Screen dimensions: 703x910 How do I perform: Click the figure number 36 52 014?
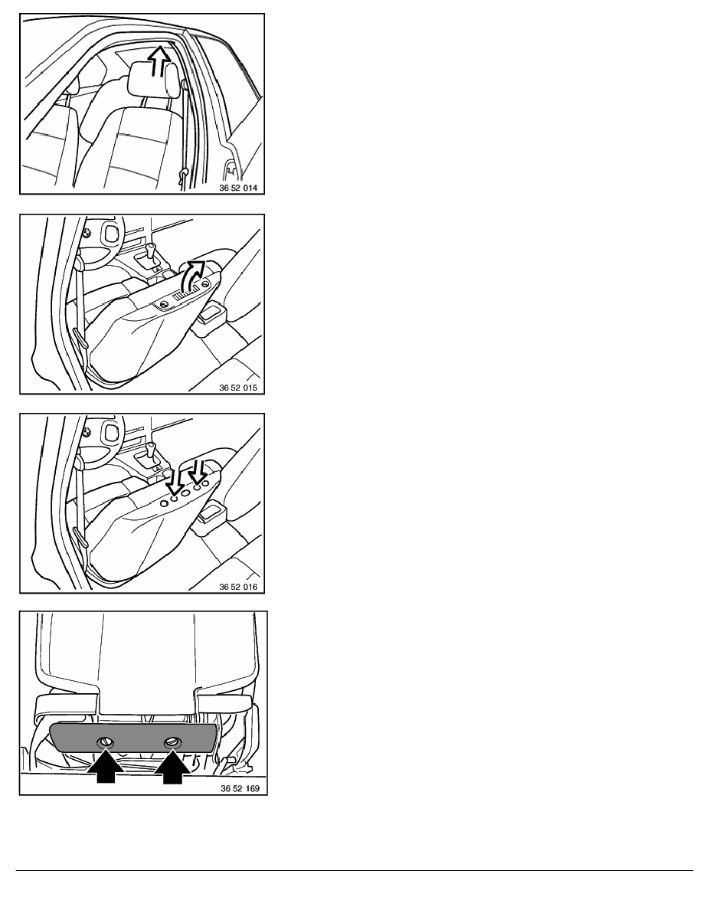tap(238, 188)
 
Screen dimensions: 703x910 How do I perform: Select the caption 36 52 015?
tap(238, 388)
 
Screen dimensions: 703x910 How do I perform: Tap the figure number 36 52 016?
tap(238, 587)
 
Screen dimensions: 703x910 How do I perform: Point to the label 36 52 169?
tap(240, 789)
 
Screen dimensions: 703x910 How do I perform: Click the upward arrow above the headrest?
tap(159, 61)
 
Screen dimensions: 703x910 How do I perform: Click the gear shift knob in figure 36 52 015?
tap(152, 250)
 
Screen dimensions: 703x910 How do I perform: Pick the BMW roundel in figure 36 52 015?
tap(87, 233)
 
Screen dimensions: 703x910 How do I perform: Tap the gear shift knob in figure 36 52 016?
tap(152, 449)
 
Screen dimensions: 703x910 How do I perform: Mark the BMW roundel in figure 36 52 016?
tap(87, 432)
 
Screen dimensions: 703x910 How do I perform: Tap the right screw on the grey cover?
tap(173, 741)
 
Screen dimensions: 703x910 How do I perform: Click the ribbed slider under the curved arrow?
tap(186, 293)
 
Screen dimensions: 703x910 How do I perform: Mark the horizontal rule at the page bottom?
tap(355, 870)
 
